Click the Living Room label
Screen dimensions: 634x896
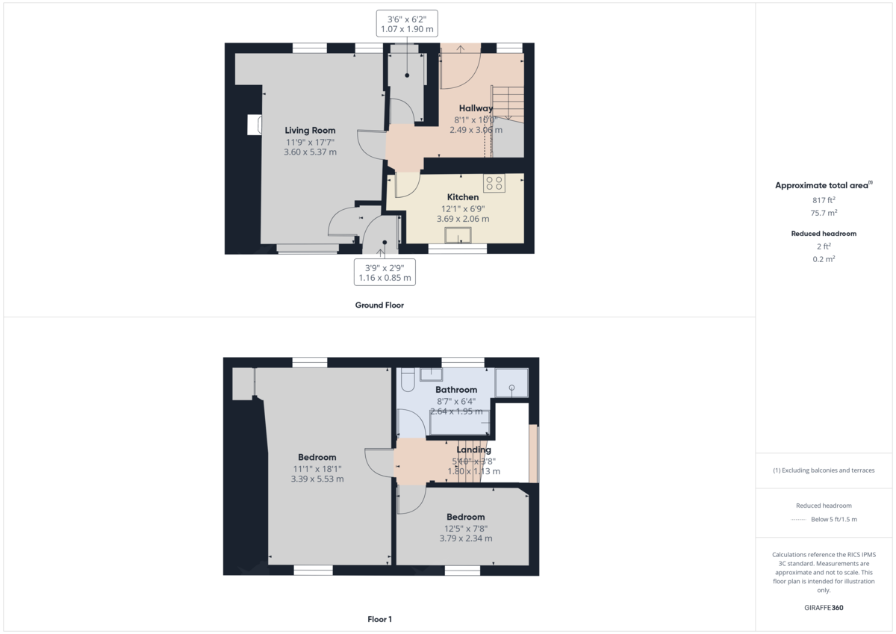point(310,131)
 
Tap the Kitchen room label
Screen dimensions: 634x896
point(463,197)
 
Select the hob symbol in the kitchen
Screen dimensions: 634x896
point(494,183)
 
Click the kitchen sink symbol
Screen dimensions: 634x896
point(457,236)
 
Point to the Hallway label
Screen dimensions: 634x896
point(476,108)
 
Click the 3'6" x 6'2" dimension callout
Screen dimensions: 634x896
point(407,24)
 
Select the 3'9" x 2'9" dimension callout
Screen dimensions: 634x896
point(385,272)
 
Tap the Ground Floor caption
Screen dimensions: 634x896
point(379,305)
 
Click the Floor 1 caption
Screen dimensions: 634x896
point(379,619)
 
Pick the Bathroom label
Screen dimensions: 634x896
point(455,390)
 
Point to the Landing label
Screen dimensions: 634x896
point(473,450)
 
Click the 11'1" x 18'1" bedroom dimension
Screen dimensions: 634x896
point(317,469)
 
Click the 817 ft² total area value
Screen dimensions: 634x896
point(824,200)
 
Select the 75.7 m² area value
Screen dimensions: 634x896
point(824,212)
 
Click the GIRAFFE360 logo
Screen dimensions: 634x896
point(824,608)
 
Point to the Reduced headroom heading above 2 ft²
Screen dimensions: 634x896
point(824,234)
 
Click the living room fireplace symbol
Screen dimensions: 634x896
point(255,125)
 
